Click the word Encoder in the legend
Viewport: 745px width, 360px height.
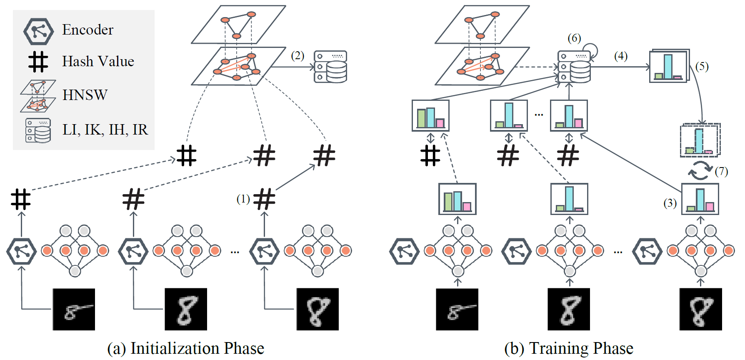click(x=87, y=30)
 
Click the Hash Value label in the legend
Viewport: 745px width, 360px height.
click(x=98, y=62)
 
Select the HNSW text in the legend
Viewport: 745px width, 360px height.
click(x=85, y=95)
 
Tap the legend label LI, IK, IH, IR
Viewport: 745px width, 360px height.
click(x=105, y=130)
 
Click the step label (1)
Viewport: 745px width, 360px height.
click(x=243, y=199)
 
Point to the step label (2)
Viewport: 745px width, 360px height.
click(x=297, y=56)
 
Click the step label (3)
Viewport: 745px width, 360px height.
click(x=670, y=203)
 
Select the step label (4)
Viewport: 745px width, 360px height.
click(x=621, y=56)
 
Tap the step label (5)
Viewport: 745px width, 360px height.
click(x=702, y=67)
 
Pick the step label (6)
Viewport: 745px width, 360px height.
click(x=574, y=38)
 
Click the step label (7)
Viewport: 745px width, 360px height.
click(x=721, y=172)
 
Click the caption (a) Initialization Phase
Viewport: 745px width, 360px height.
click(x=185, y=348)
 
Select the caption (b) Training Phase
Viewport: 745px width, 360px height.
click(x=569, y=348)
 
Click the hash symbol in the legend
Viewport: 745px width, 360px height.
click(x=38, y=62)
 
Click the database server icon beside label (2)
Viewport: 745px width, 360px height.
click(x=330, y=67)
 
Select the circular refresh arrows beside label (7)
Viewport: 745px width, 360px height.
click(x=700, y=171)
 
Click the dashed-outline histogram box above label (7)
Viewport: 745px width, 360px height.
click(x=700, y=140)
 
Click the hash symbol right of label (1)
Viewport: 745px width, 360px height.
click(x=265, y=199)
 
